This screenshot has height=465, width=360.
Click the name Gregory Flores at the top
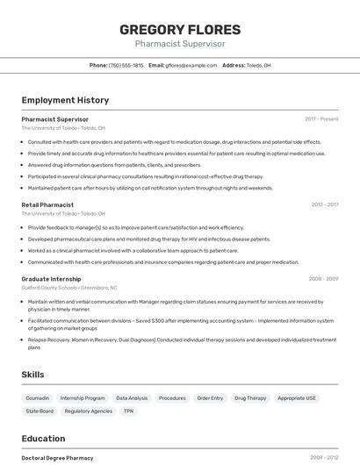pos(180,30)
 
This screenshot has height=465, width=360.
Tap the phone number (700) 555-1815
pos(126,65)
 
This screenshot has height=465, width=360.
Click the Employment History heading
pos(65,100)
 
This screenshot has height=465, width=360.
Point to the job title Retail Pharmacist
pos(47,204)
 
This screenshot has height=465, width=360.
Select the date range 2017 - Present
pos(321,118)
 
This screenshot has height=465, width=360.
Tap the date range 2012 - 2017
pos(324,204)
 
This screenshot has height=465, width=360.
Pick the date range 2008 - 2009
pos(323,278)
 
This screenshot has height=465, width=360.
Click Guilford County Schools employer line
pos(68,287)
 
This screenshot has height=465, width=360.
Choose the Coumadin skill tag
pos(38,397)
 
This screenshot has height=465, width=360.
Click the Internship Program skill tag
pos(83,397)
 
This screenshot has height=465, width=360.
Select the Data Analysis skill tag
pos(132,397)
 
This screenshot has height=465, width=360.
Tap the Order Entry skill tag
pos(210,397)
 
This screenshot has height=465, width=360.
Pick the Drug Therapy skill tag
pos(250,397)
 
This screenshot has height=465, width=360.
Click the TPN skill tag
pos(128,411)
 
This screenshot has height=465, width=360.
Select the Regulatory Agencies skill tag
pos(89,411)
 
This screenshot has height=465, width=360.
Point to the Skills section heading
pos(32,375)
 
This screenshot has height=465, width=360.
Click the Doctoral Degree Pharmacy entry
pos(57,457)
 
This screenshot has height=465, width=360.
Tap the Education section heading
pos(43,438)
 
